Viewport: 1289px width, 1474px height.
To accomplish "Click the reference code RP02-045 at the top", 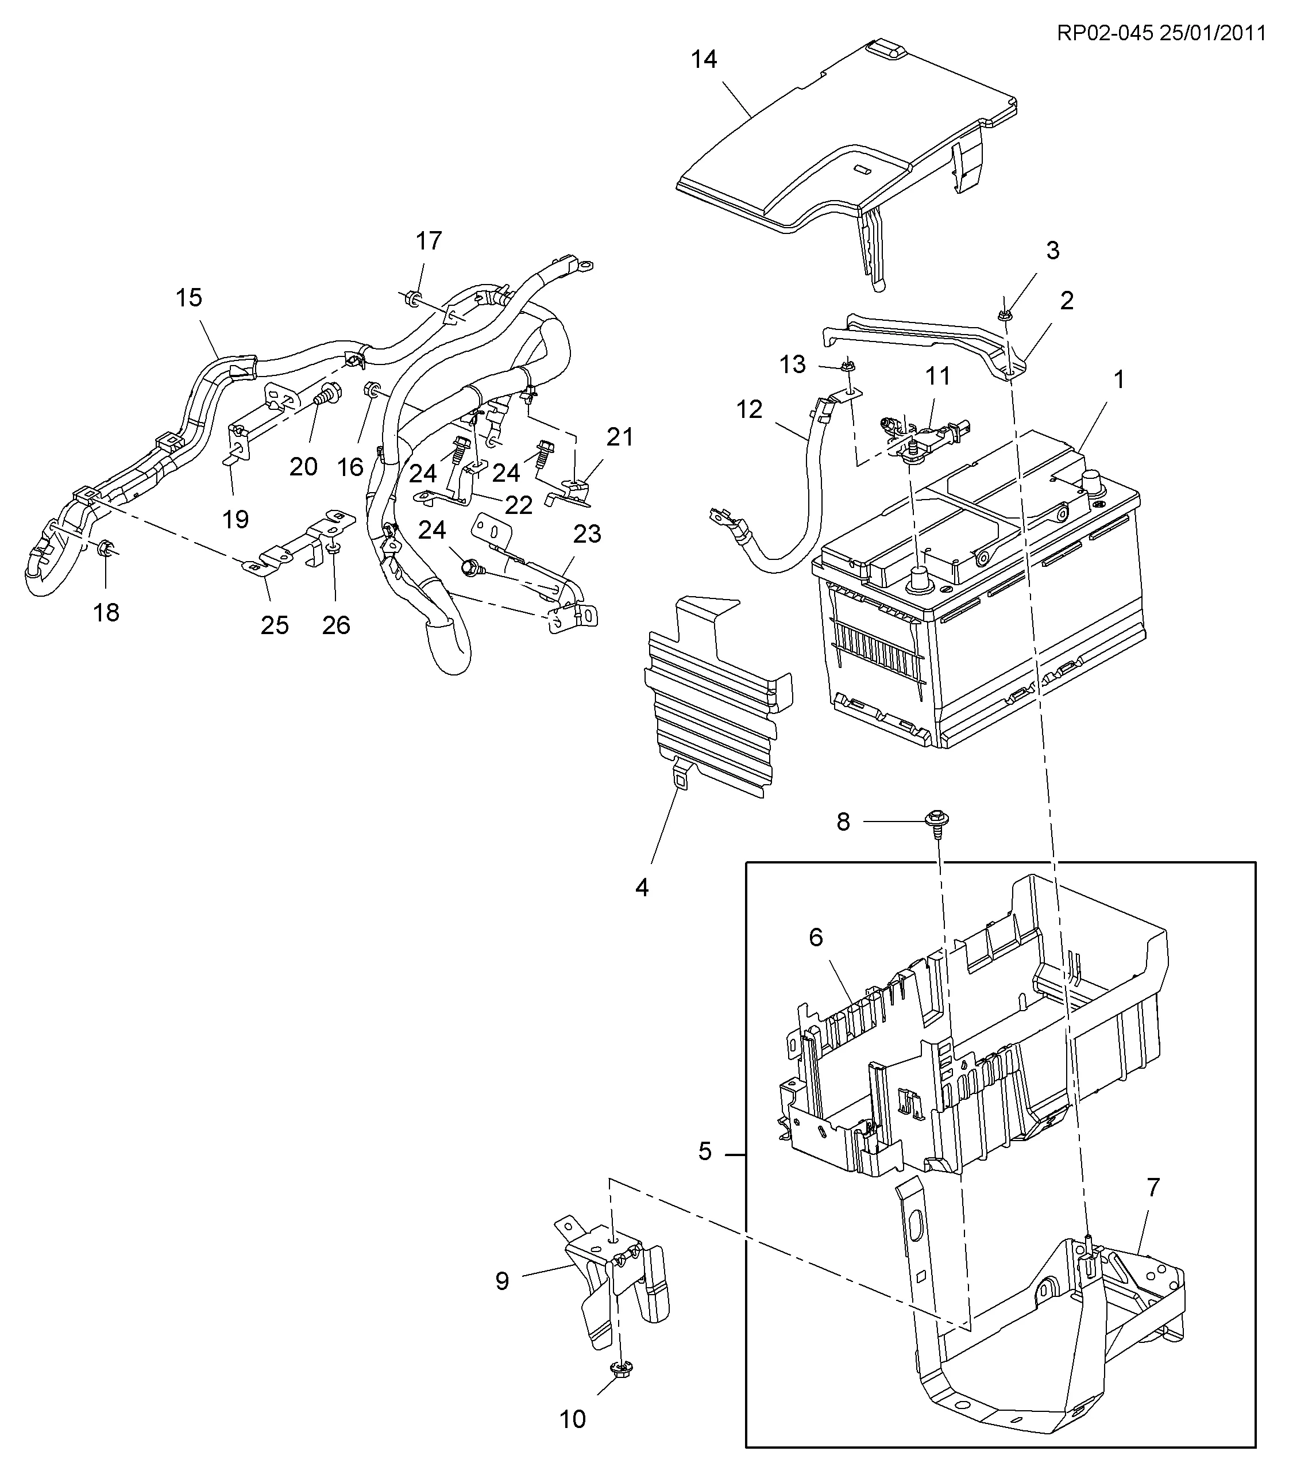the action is click(x=1104, y=33).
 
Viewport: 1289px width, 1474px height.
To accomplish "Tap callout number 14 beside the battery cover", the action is click(x=704, y=59).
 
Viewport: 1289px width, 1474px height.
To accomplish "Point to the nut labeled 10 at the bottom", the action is click(x=619, y=1371).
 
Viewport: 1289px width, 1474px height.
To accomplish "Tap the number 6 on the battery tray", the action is click(x=815, y=938).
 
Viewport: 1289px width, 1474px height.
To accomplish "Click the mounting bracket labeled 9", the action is click(x=611, y=1277).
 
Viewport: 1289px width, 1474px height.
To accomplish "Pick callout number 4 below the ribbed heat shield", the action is click(x=642, y=888).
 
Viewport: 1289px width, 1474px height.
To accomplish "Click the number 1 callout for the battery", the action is click(x=1118, y=379).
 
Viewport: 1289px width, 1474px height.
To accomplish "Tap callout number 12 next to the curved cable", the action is click(x=749, y=409).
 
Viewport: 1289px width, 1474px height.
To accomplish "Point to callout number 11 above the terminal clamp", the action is click(x=937, y=376).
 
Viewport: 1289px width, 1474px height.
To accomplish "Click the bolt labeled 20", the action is click(x=327, y=394).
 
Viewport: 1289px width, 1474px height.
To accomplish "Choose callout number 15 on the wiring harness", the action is click(x=189, y=297).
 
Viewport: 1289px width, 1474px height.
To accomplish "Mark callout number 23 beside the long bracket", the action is click(x=587, y=533).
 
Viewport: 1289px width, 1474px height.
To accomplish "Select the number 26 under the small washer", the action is click(x=336, y=625).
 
